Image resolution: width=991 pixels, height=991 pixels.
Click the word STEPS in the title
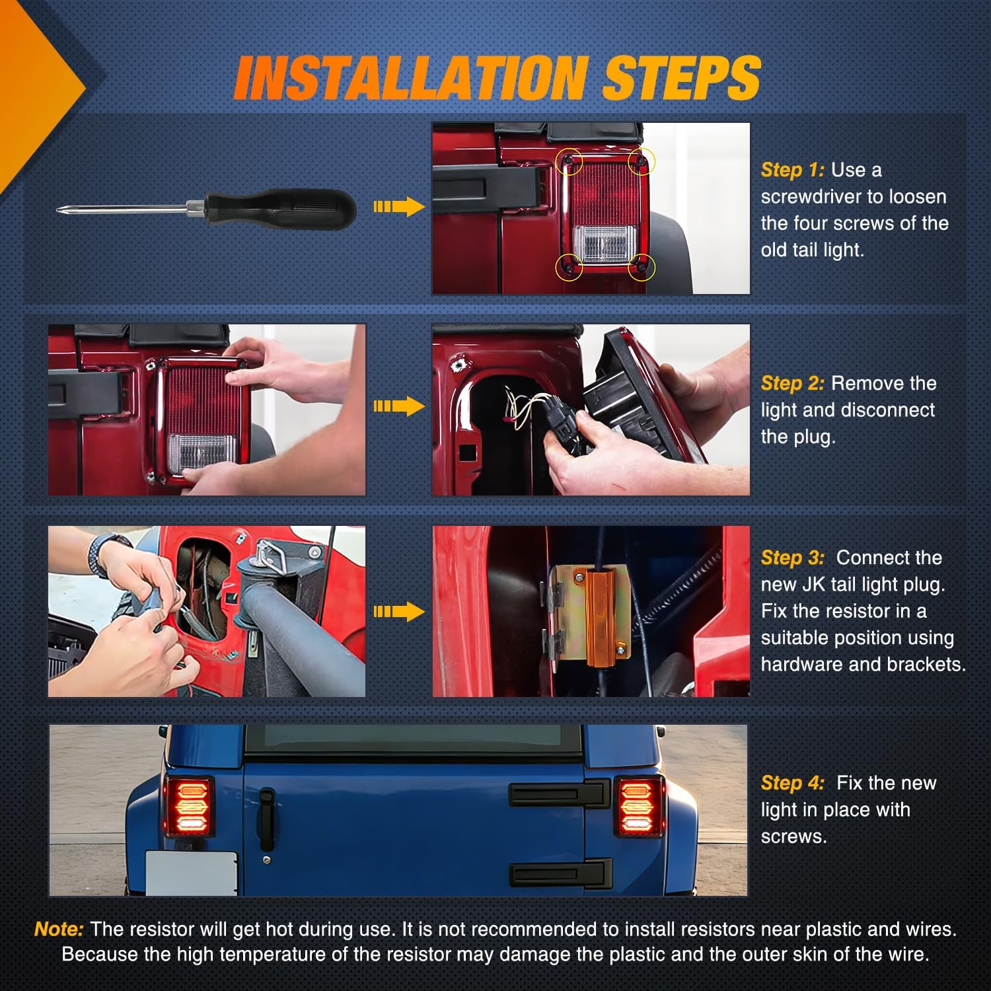point(680,78)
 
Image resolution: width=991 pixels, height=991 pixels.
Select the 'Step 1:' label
point(792,170)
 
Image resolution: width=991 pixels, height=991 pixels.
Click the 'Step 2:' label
point(792,383)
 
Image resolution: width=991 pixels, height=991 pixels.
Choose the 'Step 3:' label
point(792,558)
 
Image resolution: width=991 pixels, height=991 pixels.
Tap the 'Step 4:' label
point(792,783)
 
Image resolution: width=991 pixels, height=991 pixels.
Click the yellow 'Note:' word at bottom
point(59,929)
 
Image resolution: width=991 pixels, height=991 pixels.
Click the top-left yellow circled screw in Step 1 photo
point(569,161)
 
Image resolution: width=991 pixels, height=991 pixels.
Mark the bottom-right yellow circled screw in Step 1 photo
point(640,267)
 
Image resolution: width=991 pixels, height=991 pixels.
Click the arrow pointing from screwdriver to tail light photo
point(398,207)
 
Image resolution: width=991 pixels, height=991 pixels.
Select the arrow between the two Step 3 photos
point(398,612)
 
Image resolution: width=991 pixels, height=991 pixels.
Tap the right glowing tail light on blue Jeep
point(639,807)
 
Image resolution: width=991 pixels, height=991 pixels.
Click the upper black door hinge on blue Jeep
point(558,793)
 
